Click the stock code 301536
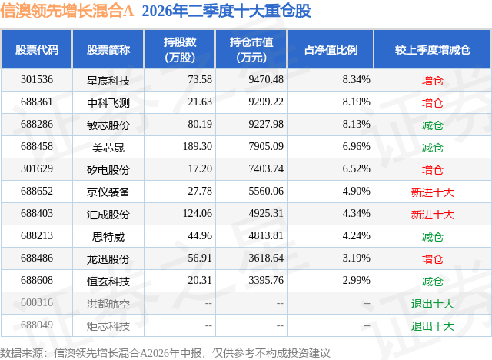37,79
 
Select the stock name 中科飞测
108,102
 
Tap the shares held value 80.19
200,124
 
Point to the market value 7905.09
266,146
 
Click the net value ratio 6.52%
356,168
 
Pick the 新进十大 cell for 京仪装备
433,192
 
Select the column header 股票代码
37,49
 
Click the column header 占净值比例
331,49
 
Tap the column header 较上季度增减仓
433,49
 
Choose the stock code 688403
37,213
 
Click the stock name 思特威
108,237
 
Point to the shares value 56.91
200,258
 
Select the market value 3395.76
266,280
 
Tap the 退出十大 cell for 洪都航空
433,304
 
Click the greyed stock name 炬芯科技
108,326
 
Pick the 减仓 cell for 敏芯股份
433,125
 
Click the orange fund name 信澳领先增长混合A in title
67,11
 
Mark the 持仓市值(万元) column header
251,49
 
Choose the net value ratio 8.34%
356,79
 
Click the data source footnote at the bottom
165,353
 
